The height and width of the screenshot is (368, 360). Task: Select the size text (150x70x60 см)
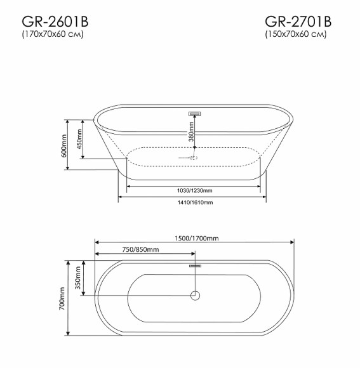[295, 35]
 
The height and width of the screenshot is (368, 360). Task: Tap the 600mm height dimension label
[64, 145]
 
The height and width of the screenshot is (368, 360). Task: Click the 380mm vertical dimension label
[190, 134]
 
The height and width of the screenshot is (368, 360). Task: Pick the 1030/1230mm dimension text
[194, 190]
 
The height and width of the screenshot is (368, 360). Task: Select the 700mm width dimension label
[63, 298]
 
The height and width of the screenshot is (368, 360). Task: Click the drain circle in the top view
[195, 295]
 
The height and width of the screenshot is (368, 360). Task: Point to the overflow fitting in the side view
[194, 114]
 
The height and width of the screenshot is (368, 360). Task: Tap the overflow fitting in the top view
[195, 266]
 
